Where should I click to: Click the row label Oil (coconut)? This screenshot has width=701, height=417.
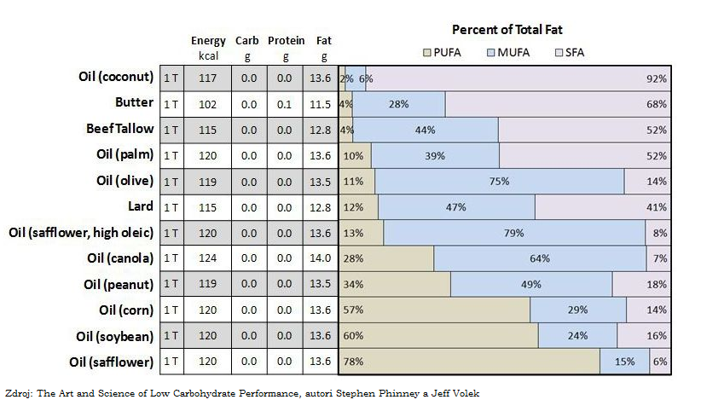(x=113, y=78)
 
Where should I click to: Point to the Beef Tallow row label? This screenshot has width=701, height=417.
(x=120, y=129)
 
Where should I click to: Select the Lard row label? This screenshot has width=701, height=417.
(x=140, y=206)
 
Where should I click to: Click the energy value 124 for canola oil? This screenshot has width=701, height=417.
(x=208, y=258)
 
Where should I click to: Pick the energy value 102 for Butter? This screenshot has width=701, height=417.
(x=208, y=104)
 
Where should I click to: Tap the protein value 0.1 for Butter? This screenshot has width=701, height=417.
(x=284, y=104)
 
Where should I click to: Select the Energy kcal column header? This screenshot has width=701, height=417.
(x=208, y=48)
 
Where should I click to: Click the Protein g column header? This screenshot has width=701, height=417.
(x=284, y=48)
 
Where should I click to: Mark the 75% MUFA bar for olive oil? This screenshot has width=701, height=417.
(x=499, y=182)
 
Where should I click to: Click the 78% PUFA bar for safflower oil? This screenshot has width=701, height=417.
(x=469, y=362)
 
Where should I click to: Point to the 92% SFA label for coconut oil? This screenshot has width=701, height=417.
(x=656, y=78)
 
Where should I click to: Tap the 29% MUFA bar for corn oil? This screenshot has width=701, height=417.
(x=577, y=310)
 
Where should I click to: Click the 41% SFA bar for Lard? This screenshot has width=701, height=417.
(x=602, y=207)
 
